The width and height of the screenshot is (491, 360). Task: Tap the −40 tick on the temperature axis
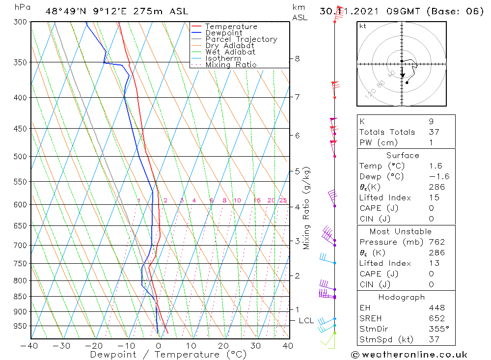tap(30, 346)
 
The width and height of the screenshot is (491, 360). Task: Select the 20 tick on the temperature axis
tap(223, 346)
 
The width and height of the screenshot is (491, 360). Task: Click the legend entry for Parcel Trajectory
tap(241, 39)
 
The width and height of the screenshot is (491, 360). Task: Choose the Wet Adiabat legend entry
tap(230, 52)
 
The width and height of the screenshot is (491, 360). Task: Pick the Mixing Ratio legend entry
tap(231, 64)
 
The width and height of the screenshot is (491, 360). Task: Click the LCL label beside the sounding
tap(306, 321)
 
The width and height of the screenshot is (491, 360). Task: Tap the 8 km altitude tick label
tap(297, 58)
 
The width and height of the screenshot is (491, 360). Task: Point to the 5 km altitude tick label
tap(297, 171)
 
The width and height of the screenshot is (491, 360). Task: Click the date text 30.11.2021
tap(346, 11)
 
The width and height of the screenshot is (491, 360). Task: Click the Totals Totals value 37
tap(434, 132)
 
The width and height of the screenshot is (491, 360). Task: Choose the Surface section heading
tap(403, 155)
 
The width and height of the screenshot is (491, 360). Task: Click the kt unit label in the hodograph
tap(362, 26)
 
